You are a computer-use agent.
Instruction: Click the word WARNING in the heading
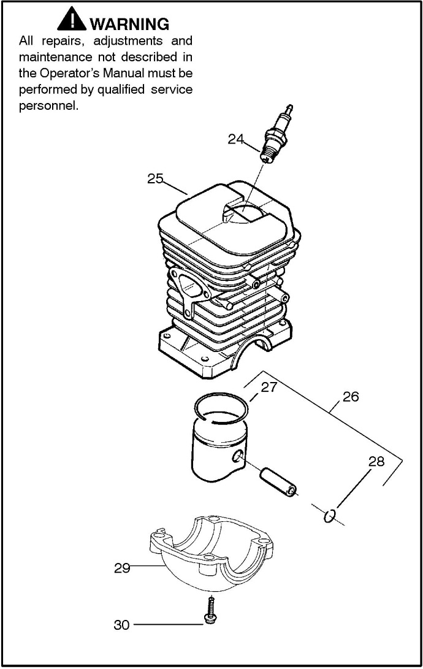point(129,24)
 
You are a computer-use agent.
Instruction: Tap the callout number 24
point(235,139)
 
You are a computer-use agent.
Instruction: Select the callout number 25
point(155,178)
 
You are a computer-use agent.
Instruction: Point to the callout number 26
point(351,397)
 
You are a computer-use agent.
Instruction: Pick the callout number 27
point(269,388)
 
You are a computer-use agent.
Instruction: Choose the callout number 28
point(376,461)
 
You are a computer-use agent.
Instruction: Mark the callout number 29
point(122,568)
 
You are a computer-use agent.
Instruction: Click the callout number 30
point(121,625)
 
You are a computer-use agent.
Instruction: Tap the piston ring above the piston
point(221,408)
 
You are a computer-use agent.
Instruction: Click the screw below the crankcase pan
point(210,611)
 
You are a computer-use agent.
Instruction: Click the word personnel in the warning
point(48,106)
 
